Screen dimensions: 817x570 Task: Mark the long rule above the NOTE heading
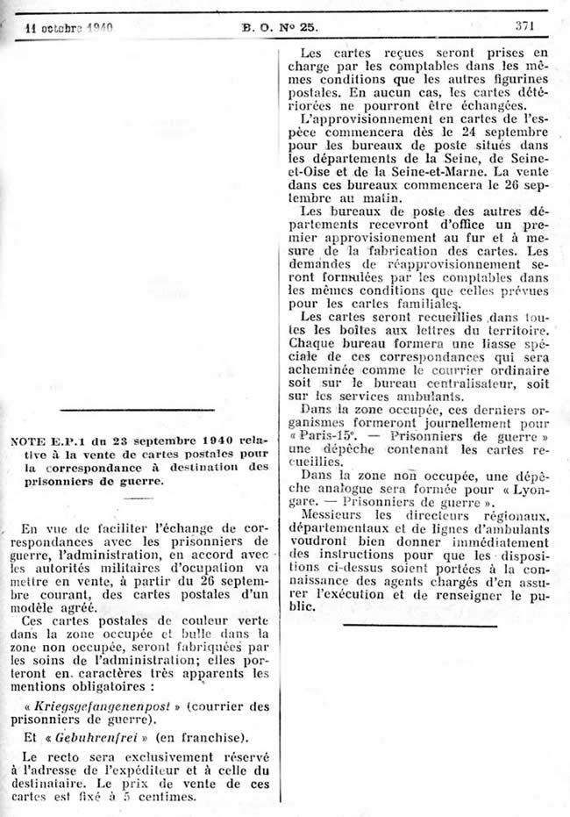[x=138, y=410]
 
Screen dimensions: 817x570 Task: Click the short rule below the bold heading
[x=138, y=498]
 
